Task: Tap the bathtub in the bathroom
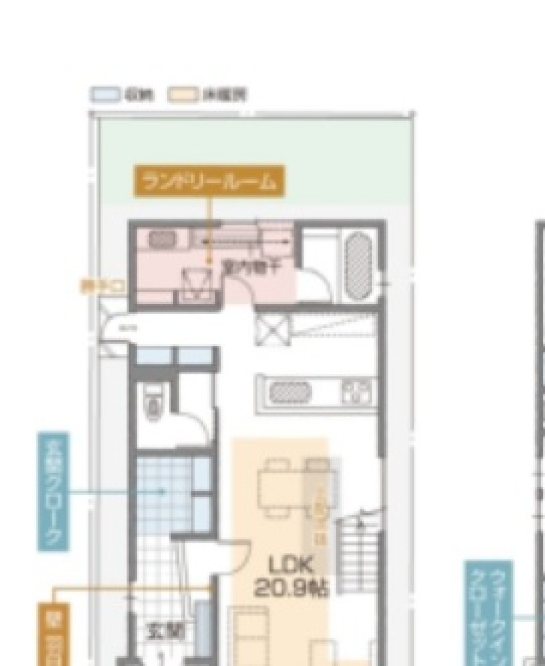tap(360, 266)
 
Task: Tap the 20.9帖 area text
tap(290, 588)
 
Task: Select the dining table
tap(281, 487)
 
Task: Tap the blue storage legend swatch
tap(105, 95)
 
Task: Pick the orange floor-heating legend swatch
tap(181, 95)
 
